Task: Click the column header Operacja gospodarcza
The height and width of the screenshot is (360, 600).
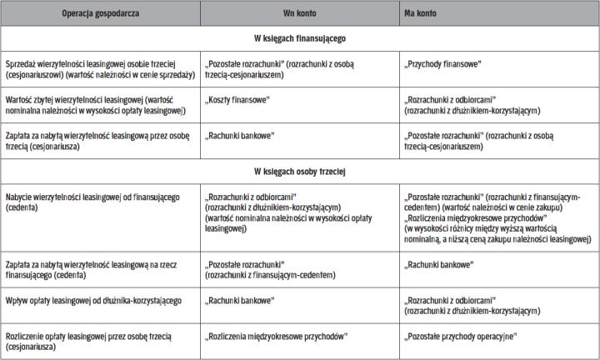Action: [100, 14]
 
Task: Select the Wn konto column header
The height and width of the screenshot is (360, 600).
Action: [298, 14]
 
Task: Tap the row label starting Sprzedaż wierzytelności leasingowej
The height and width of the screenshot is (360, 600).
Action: [100, 68]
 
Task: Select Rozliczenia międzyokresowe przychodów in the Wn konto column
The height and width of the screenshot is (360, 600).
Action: [276, 336]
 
